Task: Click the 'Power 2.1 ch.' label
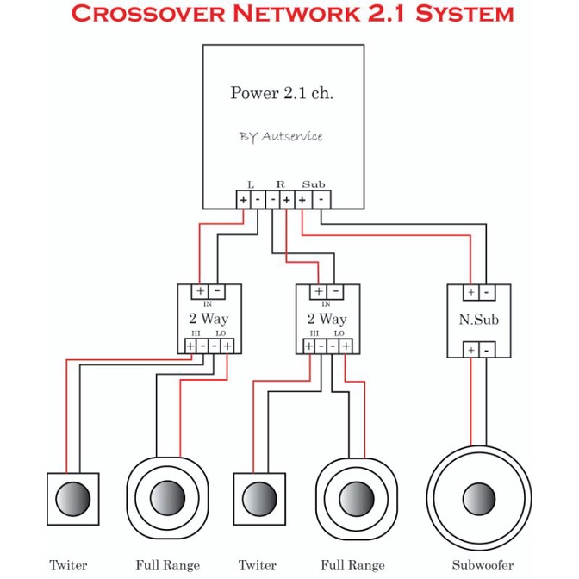pos(282,93)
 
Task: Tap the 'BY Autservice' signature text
pos(281,137)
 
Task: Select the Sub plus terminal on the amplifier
pos(302,200)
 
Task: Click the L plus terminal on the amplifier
pos(243,200)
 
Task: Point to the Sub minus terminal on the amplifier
pos(321,200)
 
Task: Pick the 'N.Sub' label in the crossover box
pos(478,320)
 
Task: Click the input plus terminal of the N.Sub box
pos(471,292)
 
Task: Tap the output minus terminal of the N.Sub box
pos(487,350)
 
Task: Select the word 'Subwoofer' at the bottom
pos(482,565)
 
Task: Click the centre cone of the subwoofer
pos(479,499)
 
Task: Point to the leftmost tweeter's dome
pos(72,499)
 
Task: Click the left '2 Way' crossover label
pos(209,318)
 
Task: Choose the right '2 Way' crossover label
pos(327,318)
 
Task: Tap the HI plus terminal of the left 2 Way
pos(190,346)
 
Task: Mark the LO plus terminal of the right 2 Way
pos(346,346)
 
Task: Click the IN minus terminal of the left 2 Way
pos(217,292)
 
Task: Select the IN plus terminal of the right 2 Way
pos(318,292)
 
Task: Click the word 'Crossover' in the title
pos(147,14)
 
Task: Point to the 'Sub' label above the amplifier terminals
pos(314,184)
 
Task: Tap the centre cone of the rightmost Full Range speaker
pos(357,499)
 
